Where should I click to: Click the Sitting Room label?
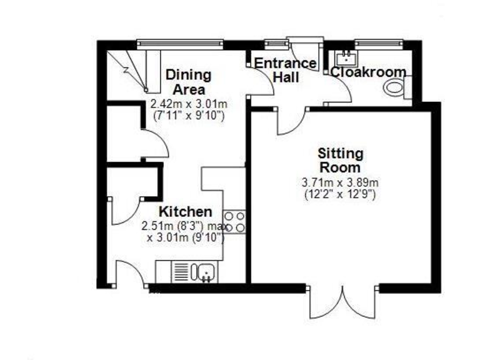click(x=340, y=160)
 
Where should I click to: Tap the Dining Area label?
click(x=188, y=82)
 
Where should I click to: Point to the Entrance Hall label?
click(x=286, y=70)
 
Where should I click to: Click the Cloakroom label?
click(x=368, y=72)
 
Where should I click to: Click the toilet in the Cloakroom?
click(x=396, y=88)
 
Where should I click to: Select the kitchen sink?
click(x=205, y=272)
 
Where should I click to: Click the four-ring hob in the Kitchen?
click(x=234, y=222)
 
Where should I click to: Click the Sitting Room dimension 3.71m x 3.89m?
click(x=341, y=183)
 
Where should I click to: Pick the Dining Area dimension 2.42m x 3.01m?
click(x=188, y=104)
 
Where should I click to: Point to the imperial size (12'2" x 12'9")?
click(x=341, y=194)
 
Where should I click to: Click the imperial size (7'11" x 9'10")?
click(x=188, y=115)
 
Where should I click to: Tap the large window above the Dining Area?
click(x=181, y=43)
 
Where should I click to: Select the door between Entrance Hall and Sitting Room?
click(x=289, y=122)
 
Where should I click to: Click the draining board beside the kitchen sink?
click(x=181, y=272)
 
